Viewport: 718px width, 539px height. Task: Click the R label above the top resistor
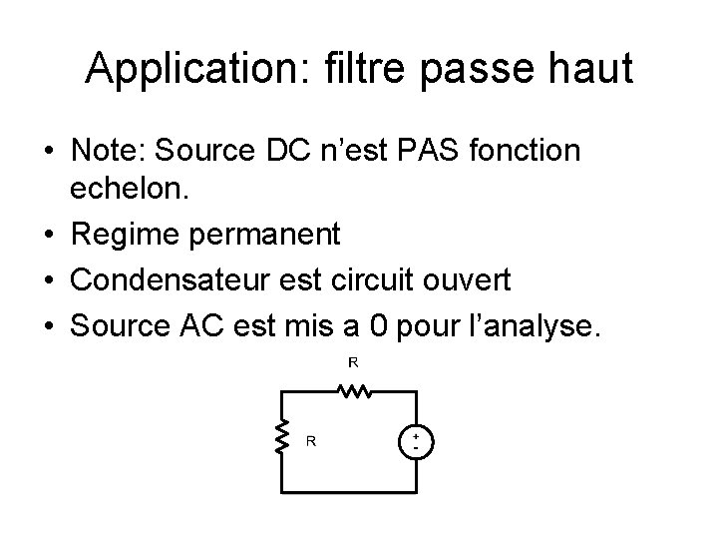coord(352,363)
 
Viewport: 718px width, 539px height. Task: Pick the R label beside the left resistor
coord(311,439)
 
